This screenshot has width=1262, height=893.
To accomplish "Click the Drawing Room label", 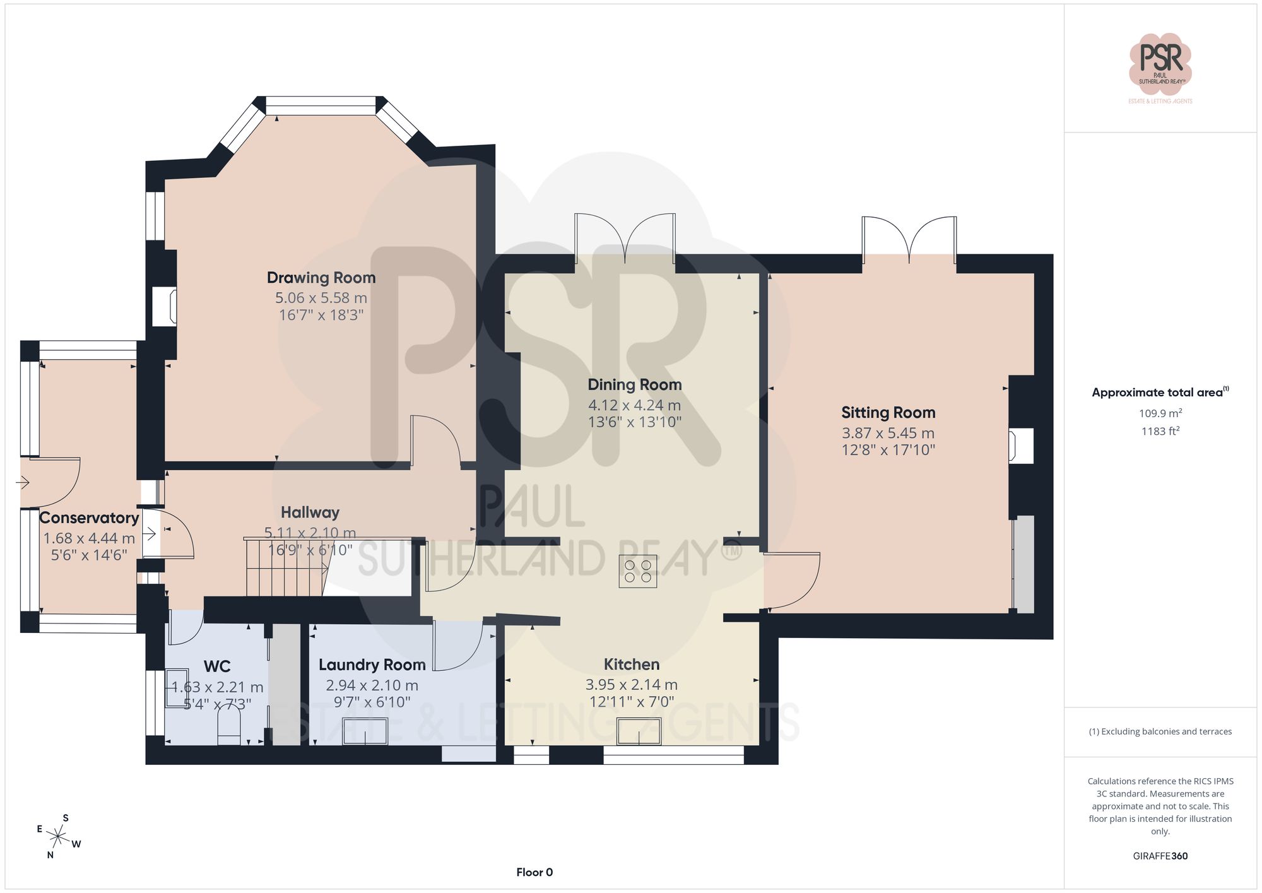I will [x=321, y=278].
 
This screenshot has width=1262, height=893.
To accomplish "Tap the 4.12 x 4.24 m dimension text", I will [x=634, y=405].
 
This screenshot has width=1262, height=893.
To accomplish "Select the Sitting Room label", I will [x=888, y=413].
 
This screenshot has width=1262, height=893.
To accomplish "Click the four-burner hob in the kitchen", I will [x=638, y=571].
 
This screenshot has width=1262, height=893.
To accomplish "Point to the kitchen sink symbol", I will [x=639, y=732].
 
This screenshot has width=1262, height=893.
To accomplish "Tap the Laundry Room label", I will [x=372, y=665].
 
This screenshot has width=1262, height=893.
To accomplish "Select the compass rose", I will [x=58, y=837].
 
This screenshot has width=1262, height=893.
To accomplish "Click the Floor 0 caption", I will [x=534, y=872].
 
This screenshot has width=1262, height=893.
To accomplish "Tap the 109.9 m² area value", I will [x=1160, y=413].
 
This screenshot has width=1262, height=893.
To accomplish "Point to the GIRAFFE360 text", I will [x=1160, y=856].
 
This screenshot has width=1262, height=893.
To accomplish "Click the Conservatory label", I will [x=89, y=518].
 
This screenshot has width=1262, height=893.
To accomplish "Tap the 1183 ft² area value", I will [x=1160, y=432].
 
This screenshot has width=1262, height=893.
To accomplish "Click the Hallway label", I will [x=310, y=512].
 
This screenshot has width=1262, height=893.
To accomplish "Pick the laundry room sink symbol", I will [x=365, y=731].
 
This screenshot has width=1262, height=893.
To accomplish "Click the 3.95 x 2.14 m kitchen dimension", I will [x=631, y=685].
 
